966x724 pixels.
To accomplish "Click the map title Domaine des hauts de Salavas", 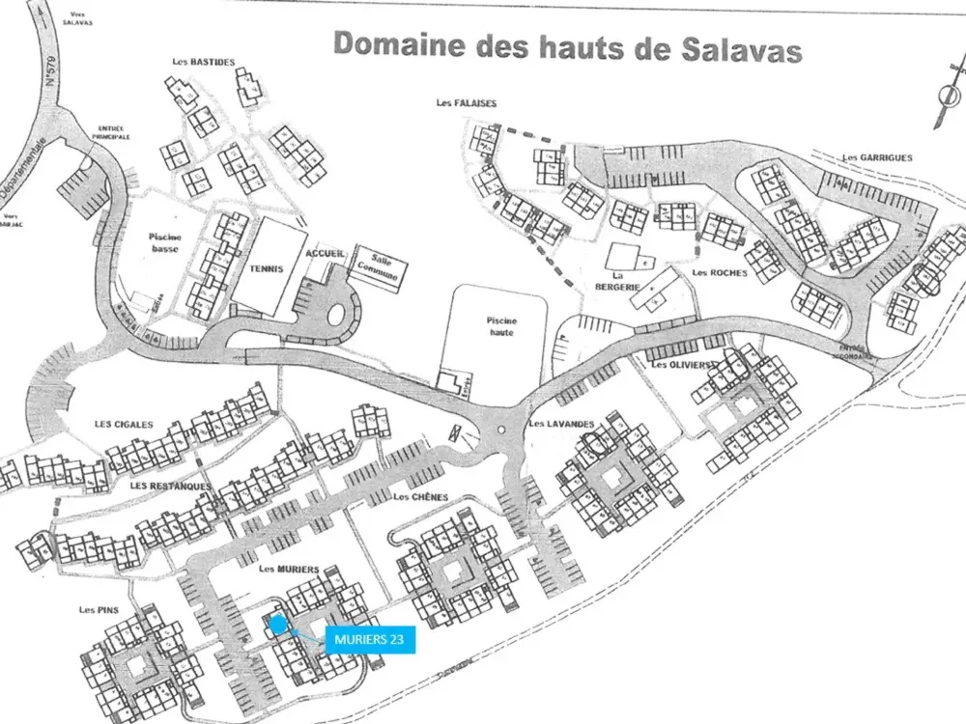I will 567,46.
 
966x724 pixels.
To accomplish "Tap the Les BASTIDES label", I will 203,63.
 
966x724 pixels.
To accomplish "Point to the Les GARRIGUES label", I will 877,157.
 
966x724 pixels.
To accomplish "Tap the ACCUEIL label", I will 325,253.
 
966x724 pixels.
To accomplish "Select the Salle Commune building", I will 378,265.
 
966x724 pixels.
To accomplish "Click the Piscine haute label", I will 500,324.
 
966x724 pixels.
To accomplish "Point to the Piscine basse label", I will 172,242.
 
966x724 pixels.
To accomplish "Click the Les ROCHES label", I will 720,273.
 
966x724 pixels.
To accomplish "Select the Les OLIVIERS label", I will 682,365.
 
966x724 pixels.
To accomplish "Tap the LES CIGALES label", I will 124,424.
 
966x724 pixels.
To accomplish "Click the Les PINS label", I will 99,610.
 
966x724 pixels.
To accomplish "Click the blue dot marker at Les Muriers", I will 278,625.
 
